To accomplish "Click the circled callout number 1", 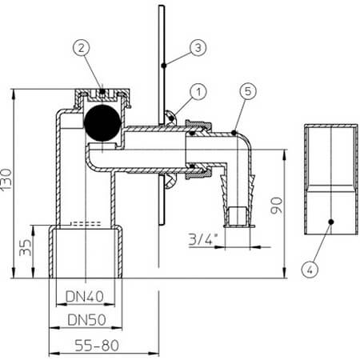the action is click(x=198, y=92).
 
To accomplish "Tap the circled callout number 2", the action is click(x=82, y=48).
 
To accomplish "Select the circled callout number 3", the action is click(x=198, y=48).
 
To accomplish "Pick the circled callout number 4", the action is click(x=310, y=270).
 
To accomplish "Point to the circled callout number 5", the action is click(x=248, y=91).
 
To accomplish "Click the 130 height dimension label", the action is click(x=6, y=179).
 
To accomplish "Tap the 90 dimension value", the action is click(x=276, y=206).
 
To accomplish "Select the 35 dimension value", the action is click(x=26, y=247).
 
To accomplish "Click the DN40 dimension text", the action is click(x=85, y=296).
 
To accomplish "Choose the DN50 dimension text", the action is click(x=86, y=319).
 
